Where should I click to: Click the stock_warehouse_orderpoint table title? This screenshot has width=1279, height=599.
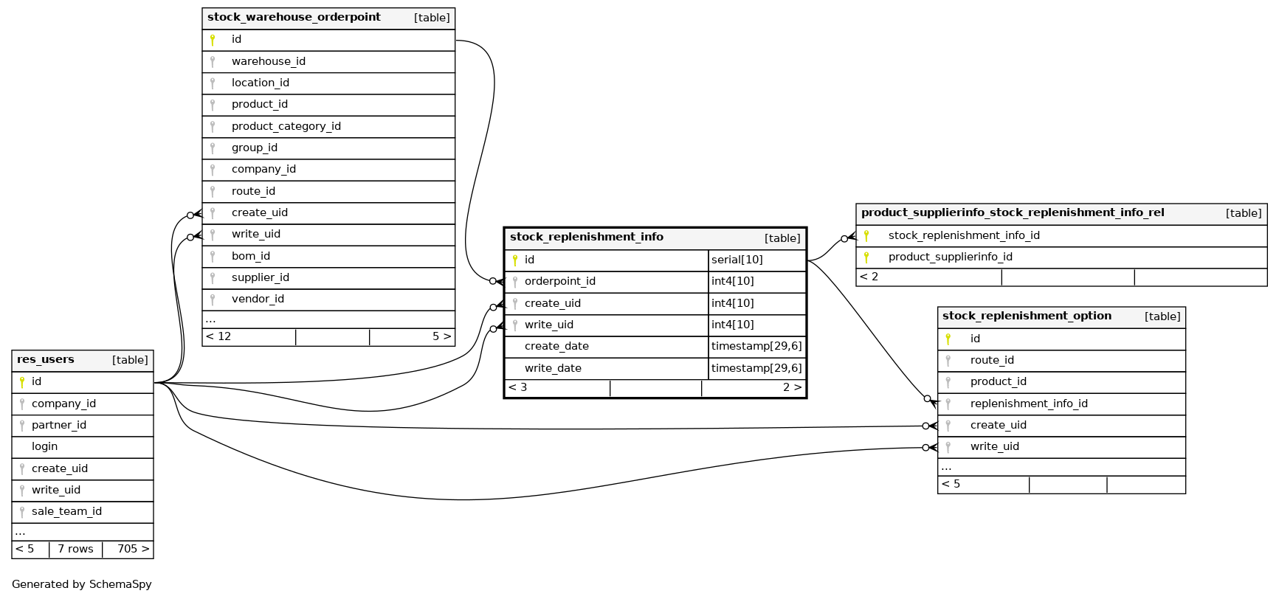(294, 17)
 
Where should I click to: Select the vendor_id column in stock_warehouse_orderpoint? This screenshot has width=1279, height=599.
(258, 299)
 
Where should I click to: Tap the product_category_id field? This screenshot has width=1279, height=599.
(286, 126)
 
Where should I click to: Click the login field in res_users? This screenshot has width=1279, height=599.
(44, 446)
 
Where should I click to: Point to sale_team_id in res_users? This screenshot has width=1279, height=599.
(66, 511)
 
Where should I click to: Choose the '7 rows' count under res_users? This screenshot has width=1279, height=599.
(75, 549)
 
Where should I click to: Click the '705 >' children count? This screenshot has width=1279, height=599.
(133, 549)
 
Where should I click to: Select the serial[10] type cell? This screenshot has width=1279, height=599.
(737, 260)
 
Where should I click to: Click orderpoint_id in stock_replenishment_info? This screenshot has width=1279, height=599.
(559, 281)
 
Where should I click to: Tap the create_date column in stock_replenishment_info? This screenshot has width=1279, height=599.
(556, 346)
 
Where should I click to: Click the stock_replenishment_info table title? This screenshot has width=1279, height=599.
(586, 237)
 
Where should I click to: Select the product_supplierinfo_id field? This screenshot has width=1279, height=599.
(950, 257)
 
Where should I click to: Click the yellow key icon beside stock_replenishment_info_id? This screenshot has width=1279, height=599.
(866, 236)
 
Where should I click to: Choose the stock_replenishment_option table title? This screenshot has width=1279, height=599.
(1026, 316)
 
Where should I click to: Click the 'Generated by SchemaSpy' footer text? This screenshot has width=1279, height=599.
(81, 584)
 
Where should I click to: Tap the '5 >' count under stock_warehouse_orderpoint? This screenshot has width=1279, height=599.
(441, 336)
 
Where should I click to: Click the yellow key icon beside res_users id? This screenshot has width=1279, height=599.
(22, 382)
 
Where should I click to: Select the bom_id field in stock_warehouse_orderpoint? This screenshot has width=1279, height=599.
(250, 256)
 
